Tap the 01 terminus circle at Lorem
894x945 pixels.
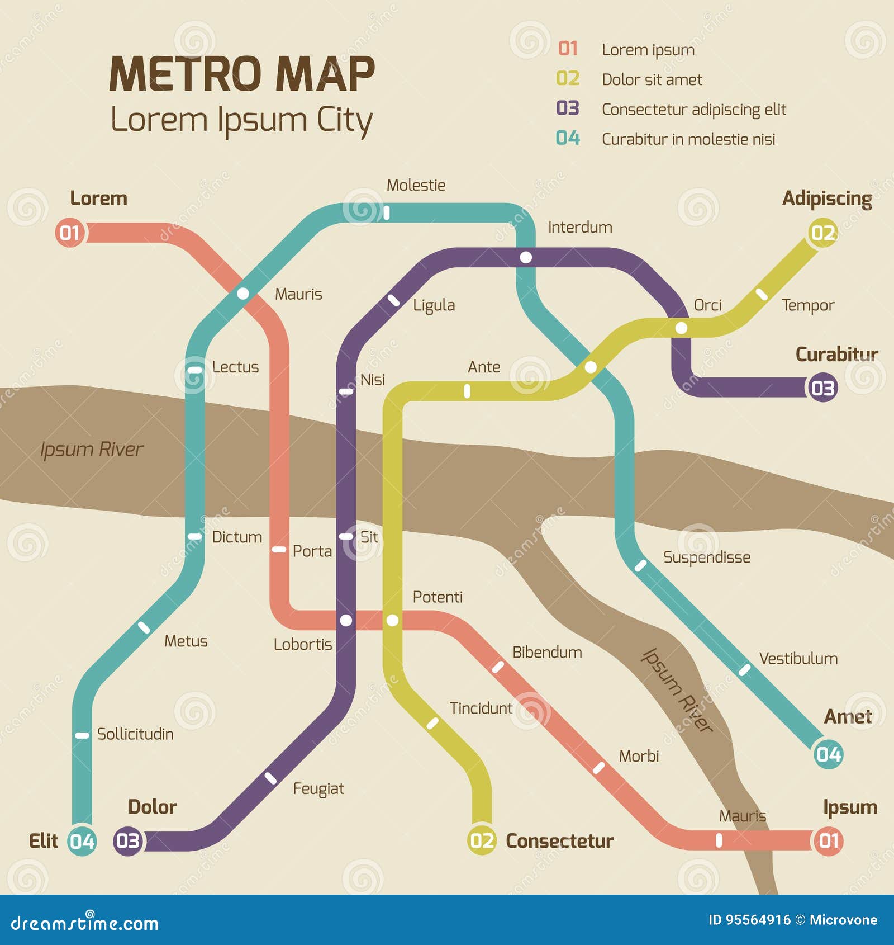(x=70, y=232)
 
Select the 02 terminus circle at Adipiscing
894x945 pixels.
(x=822, y=233)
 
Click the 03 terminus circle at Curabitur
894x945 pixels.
(x=822, y=388)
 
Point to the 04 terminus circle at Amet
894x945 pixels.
(x=828, y=754)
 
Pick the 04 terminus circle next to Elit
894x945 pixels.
(x=82, y=841)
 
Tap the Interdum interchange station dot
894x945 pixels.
(x=526, y=257)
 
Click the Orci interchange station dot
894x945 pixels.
(x=681, y=328)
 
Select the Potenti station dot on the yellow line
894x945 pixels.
(x=393, y=620)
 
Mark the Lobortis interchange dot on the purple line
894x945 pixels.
(x=346, y=620)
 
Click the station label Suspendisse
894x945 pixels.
(x=706, y=557)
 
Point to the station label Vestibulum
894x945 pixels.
(x=798, y=659)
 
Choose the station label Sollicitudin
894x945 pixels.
(x=135, y=734)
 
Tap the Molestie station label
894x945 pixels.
(x=416, y=185)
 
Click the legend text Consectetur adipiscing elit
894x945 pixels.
(x=693, y=110)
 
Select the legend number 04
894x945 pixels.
(x=568, y=138)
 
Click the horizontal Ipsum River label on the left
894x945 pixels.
(x=92, y=450)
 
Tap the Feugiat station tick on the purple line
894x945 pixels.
(x=270, y=778)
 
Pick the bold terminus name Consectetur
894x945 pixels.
(x=559, y=841)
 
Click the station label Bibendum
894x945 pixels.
(x=547, y=653)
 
